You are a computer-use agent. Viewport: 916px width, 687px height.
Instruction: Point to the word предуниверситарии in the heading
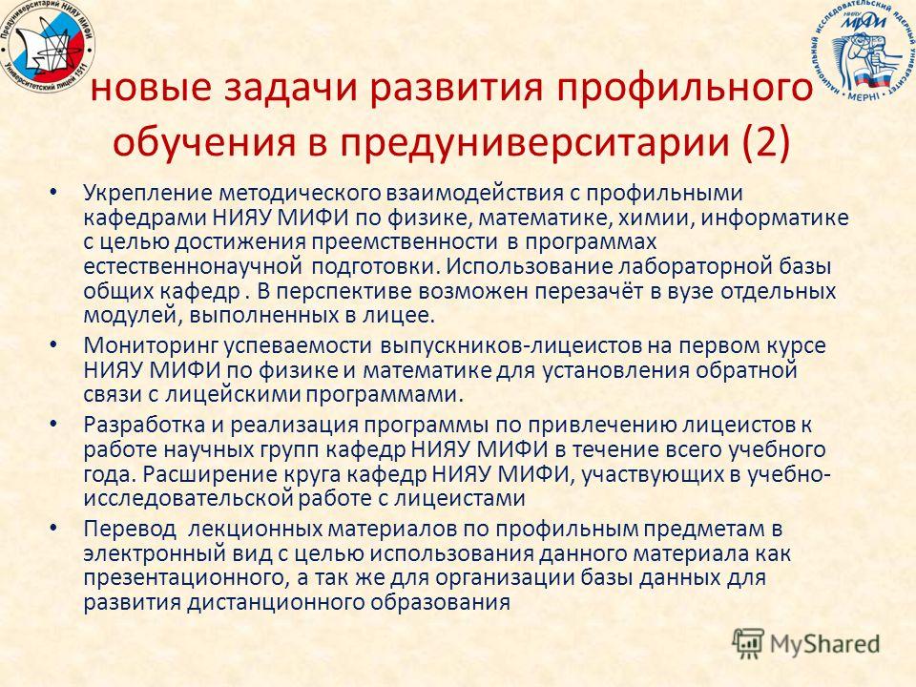coord(534,142)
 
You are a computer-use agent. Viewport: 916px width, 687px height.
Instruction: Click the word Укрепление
coord(148,194)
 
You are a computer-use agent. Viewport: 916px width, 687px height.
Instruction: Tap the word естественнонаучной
coord(193,266)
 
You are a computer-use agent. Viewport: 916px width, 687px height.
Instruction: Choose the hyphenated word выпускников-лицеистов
coord(510,345)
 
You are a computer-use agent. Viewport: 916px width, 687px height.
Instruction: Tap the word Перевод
coord(130,530)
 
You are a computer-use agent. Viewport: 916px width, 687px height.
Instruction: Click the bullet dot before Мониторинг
coord(53,345)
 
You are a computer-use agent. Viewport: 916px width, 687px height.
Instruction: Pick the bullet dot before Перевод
coord(53,529)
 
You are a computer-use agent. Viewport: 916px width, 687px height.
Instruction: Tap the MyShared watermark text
coord(824,644)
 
